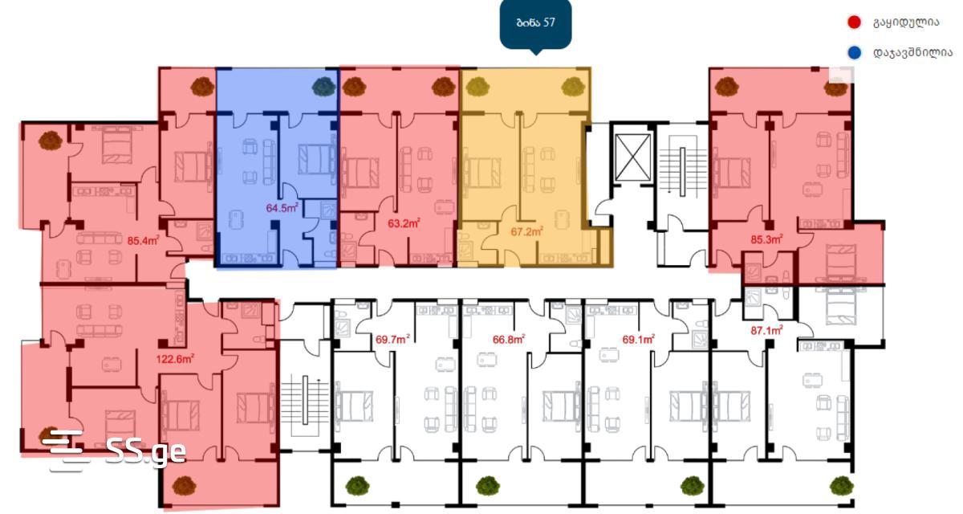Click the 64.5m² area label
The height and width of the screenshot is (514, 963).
[282, 208]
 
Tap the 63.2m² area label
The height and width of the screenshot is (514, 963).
[404, 223]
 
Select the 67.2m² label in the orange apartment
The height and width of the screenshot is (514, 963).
[526, 232]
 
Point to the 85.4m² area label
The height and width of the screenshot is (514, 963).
[143, 240]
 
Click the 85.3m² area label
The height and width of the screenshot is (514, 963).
[766, 239]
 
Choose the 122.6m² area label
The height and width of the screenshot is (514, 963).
[175, 358]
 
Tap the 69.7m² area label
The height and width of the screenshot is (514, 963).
[392, 340]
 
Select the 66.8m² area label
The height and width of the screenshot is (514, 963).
[509, 340]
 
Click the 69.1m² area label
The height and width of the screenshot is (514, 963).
[639, 340]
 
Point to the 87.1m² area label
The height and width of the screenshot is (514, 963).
[766, 330]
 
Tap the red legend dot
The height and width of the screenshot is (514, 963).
[854, 22]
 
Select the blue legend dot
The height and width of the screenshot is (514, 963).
[854, 53]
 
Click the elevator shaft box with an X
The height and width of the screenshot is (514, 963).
[633, 157]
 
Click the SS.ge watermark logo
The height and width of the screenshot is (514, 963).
[115, 450]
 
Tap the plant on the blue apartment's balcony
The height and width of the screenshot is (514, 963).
[323, 87]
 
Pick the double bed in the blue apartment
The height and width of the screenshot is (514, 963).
[317, 160]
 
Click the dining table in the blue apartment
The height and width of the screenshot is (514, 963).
[235, 219]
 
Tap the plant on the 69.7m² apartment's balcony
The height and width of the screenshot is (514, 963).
[358, 486]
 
